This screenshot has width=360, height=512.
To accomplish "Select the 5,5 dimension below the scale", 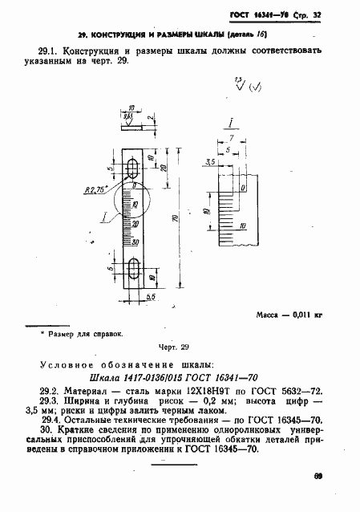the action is (x=150, y=296).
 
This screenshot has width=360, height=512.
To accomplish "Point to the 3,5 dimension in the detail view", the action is (x=212, y=163).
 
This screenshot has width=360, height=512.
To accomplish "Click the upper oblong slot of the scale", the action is (x=135, y=167).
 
